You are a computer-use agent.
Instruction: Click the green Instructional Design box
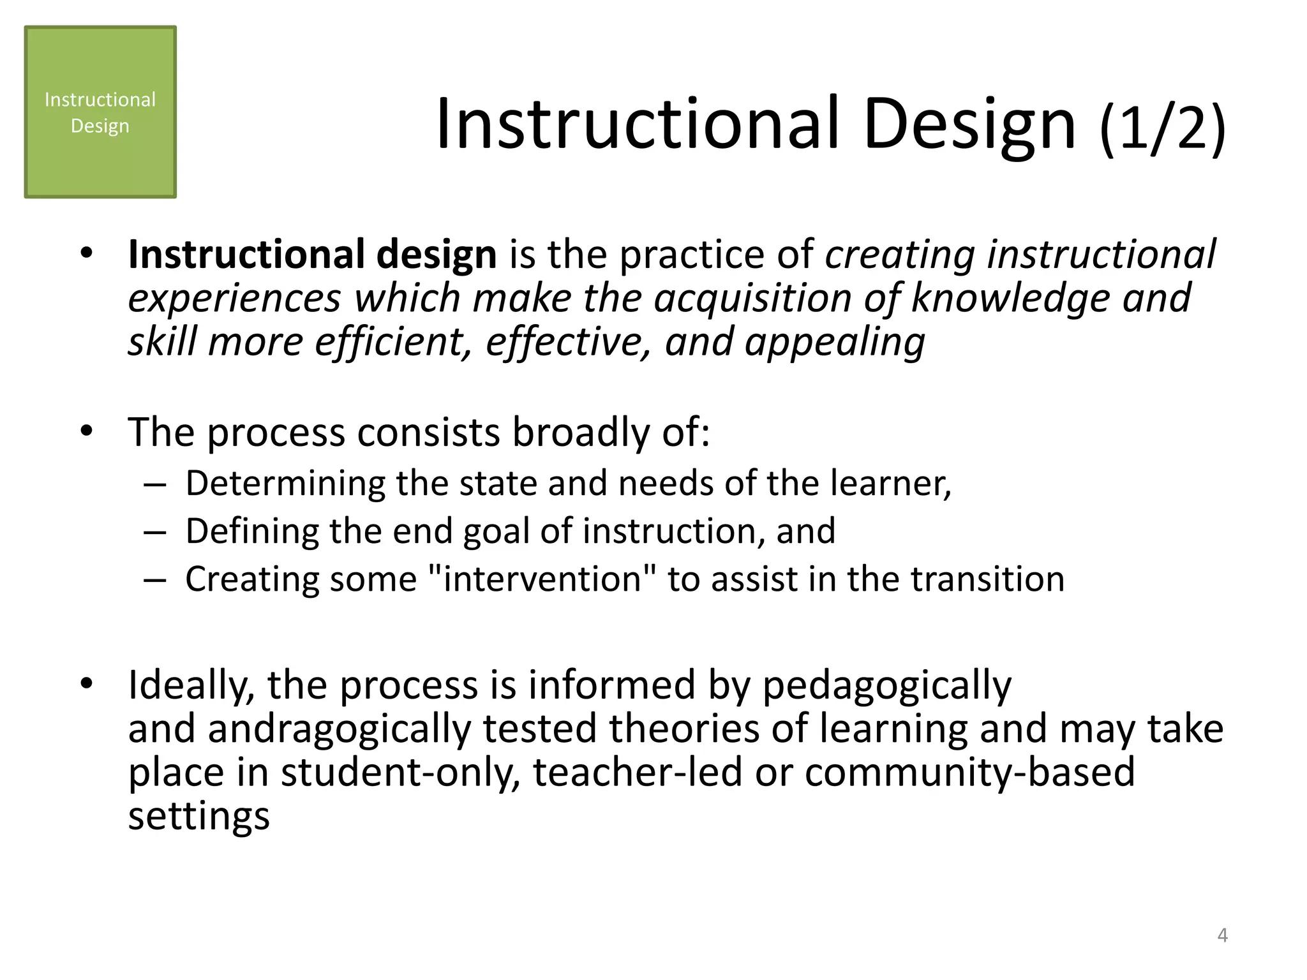click(x=100, y=112)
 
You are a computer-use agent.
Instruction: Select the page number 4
click(x=1222, y=935)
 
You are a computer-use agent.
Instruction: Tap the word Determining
click(x=285, y=483)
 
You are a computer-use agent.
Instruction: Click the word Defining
click(x=252, y=531)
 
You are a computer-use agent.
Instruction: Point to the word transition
click(x=987, y=579)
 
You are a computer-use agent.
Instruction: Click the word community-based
click(x=969, y=772)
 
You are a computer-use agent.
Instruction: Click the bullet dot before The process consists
click(x=87, y=432)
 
